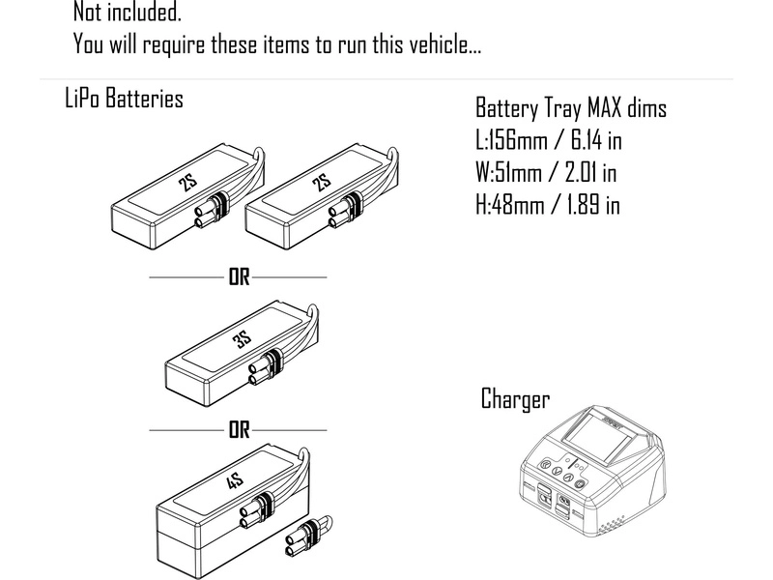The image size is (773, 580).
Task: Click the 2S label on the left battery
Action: tap(189, 185)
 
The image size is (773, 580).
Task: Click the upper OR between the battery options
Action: tap(239, 277)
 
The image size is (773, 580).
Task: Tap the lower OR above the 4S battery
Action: tap(239, 429)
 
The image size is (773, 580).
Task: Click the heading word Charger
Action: tap(515, 398)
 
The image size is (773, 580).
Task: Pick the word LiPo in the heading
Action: tap(83, 98)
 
